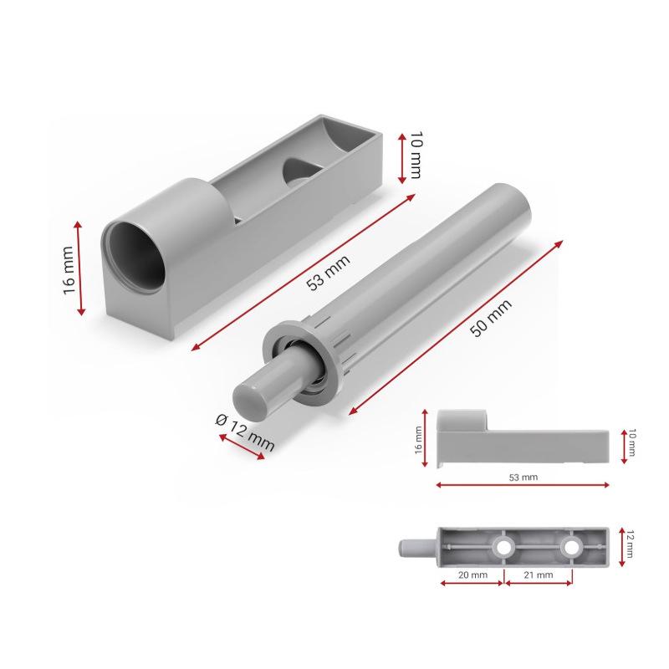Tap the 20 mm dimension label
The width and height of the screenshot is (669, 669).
coord(472,575)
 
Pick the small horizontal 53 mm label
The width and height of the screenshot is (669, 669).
coord(523,476)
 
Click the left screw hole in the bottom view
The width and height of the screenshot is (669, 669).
coord(503,548)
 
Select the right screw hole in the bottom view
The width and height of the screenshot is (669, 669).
coord(571,548)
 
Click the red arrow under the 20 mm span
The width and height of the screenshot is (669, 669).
coord(472,583)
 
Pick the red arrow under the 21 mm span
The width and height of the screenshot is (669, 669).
coord(539,583)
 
